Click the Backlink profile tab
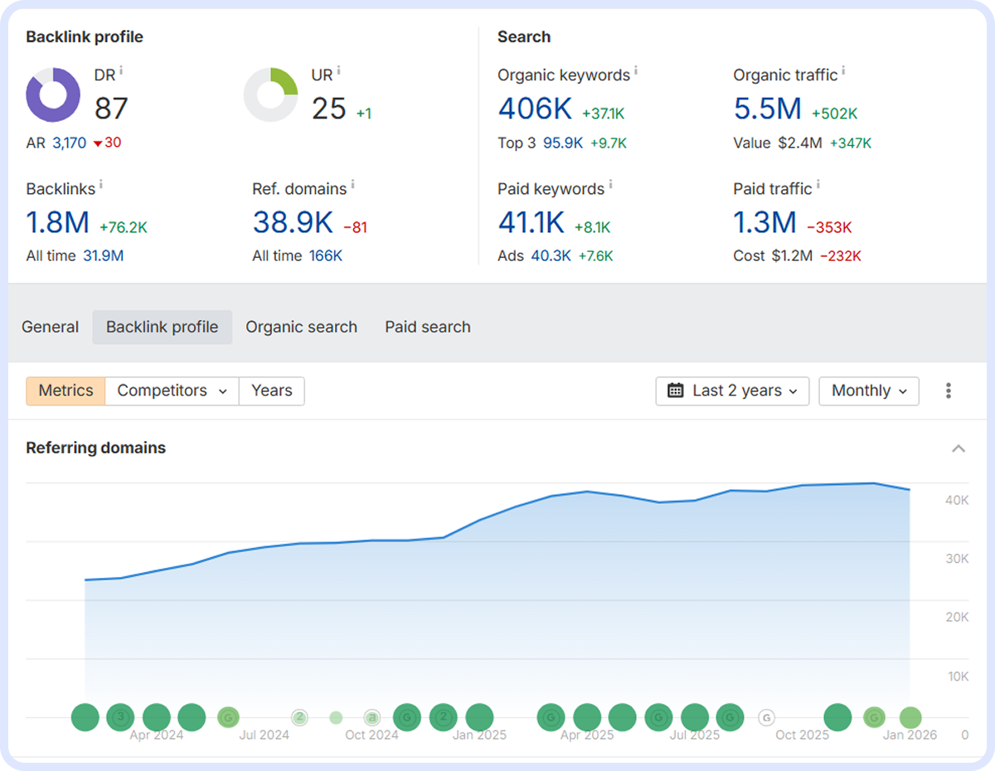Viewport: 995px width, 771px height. (162, 327)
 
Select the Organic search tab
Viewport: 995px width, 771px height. (301, 327)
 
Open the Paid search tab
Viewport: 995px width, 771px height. (427, 327)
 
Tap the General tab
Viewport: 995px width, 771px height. (51, 327)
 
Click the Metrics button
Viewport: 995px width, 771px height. (66, 390)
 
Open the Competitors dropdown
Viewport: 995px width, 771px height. (172, 390)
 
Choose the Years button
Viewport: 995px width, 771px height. (271, 390)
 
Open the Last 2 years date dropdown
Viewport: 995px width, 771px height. (732, 390)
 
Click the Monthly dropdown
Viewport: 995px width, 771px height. (868, 390)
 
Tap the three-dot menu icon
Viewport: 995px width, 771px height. (949, 390)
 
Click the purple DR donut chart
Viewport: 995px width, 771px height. (53, 95)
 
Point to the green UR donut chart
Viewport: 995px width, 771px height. (270, 95)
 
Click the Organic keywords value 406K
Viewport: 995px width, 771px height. (535, 109)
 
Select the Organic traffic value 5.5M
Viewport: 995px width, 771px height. (767, 109)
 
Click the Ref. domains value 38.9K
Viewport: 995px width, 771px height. (292, 222)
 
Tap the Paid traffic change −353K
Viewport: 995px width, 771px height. (829, 227)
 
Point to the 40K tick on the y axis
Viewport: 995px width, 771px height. (957, 500)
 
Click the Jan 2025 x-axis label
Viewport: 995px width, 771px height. (479, 735)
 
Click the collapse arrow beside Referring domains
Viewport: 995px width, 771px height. (959, 449)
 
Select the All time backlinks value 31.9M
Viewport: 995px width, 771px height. (103, 256)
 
